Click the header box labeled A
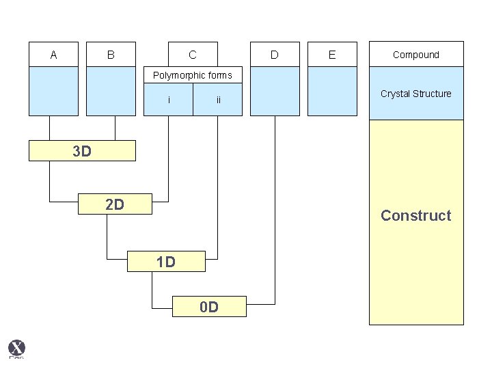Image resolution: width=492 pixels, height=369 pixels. pyautogui.click(x=54, y=54)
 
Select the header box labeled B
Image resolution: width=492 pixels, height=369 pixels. pyautogui.click(x=111, y=54)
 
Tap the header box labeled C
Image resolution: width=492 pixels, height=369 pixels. pyautogui.click(x=193, y=54)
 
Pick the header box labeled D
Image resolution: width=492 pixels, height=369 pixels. pyautogui.click(x=275, y=54)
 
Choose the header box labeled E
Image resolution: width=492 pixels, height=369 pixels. pyautogui.click(x=332, y=54)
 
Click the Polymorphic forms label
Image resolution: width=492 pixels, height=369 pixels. pyautogui.click(x=193, y=75)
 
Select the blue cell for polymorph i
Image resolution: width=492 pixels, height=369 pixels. pyautogui.click(x=169, y=100)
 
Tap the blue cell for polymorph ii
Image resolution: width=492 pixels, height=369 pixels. pyautogui.click(x=218, y=100)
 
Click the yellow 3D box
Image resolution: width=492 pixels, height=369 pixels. pyautogui.click(x=82, y=151)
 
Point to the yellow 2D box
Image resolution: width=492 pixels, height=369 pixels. pyautogui.click(x=115, y=204)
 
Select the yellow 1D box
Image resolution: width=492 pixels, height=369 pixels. pyautogui.click(x=166, y=261)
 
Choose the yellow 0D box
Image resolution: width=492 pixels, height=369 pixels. pyautogui.click(x=209, y=307)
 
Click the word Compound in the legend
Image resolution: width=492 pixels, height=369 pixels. pyautogui.click(x=416, y=55)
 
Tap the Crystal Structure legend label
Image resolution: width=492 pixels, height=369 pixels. pyautogui.click(x=416, y=94)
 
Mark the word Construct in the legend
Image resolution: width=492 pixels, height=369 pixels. pyautogui.click(x=416, y=215)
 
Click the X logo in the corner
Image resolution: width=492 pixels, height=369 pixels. pyautogui.click(x=16, y=348)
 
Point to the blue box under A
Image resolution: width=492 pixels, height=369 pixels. pyautogui.click(x=54, y=92)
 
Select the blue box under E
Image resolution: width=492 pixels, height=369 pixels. pyautogui.click(x=332, y=92)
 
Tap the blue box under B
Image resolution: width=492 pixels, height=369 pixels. pyautogui.click(x=111, y=92)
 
